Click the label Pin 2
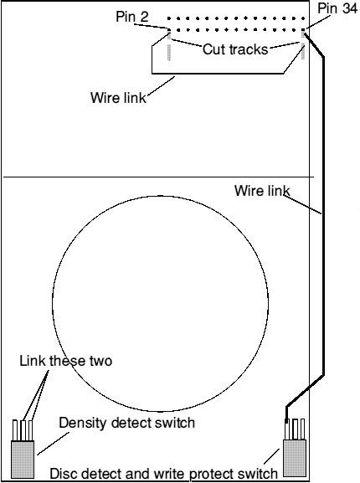(x=132, y=17)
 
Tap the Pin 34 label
(x=337, y=8)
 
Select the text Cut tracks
(x=235, y=49)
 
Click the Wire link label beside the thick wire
(x=262, y=191)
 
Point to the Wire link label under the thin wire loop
(x=118, y=98)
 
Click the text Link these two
(x=66, y=361)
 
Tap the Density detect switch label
(x=127, y=423)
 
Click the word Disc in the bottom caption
(x=63, y=474)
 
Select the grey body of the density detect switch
(x=23, y=460)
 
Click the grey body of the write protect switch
(x=295, y=458)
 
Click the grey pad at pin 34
(x=303, y=33)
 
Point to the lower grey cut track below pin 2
(x=169, y=53)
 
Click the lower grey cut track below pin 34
(x=303, y=51)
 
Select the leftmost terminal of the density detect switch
(x=15, y=430)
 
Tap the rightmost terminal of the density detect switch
(x=30, y=430)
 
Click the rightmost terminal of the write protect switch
(x=302, y=429)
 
